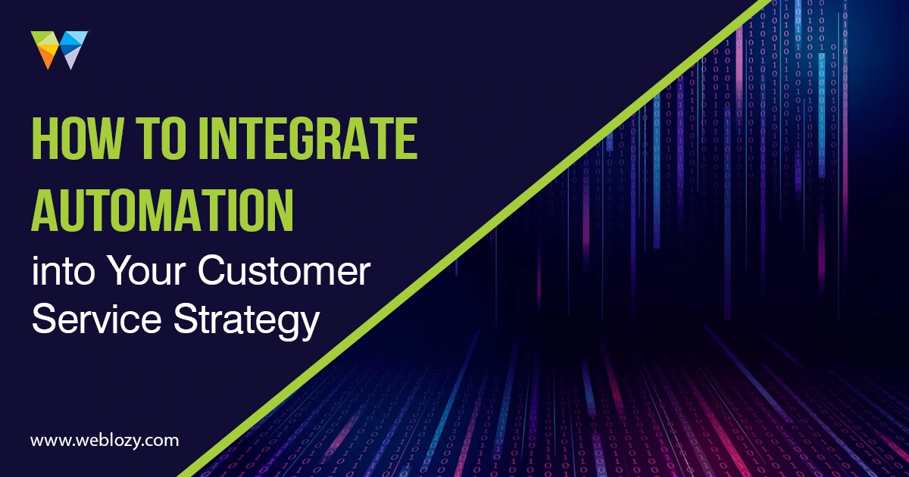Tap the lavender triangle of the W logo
coord(71,59)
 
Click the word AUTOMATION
coord(162,210)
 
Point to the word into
coord(64,271)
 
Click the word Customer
coord(284,271)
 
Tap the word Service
coord(97,319)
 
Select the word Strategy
coord(247,322)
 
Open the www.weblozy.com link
coord(105,441)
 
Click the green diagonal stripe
coord(476,238)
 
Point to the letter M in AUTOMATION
coord(182,210)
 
